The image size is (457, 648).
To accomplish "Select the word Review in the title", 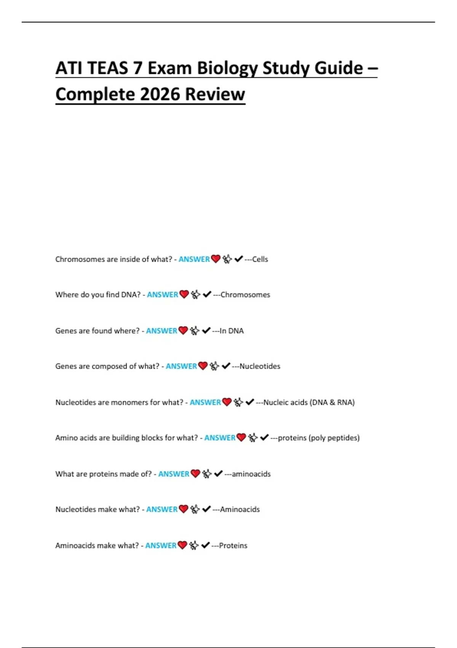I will click(215, 94).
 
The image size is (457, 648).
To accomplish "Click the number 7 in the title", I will click(137, 69).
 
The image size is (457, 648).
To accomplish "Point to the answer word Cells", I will click(260, 259).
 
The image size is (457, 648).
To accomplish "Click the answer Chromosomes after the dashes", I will click(245, 295).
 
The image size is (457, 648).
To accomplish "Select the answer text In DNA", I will click(232, 331).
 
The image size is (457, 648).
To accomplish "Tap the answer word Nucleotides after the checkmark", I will click(260, 366).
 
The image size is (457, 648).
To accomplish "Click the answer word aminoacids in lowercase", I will click(251, 474).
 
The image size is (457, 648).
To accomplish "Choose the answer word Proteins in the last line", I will click(233, 546).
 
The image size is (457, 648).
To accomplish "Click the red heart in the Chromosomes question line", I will click(216, 259).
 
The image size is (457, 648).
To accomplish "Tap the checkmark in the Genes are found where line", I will click(206, 330).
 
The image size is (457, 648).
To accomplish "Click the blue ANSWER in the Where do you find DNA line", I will click(163, 295).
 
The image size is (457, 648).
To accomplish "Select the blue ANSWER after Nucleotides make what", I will click(162, 510).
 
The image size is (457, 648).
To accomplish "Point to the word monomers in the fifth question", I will click(129, 403).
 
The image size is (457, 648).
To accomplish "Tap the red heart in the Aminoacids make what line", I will click(182, 545).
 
